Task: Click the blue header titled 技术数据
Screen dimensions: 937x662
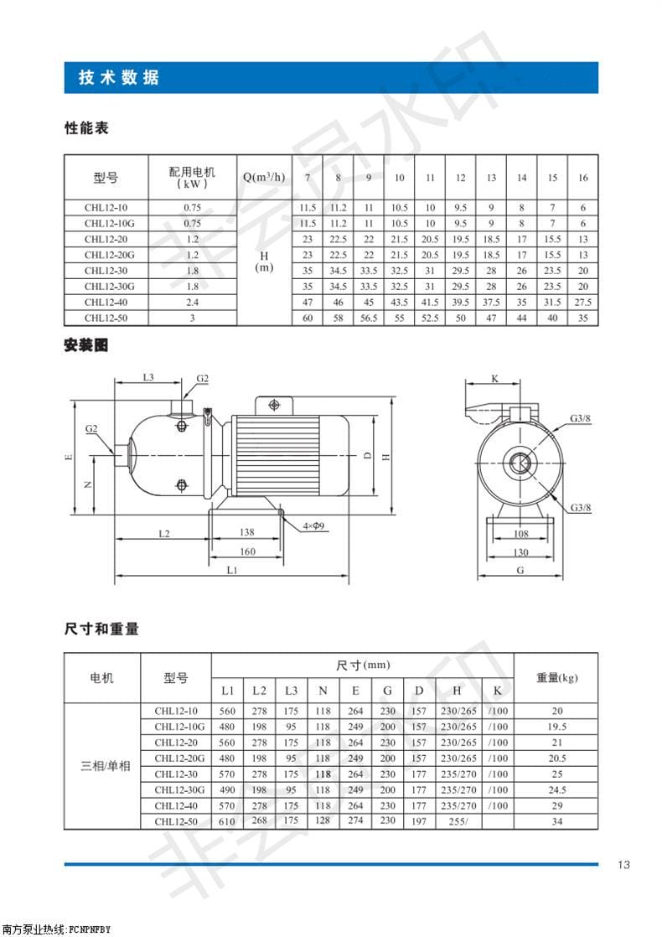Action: click(119, 78)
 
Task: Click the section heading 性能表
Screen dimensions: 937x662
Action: click(87, 129)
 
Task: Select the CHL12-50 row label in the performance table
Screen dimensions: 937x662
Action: click(105, 318)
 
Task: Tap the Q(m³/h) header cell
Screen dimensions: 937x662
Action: click(264, 178)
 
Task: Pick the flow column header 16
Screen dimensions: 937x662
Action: click(583, 178)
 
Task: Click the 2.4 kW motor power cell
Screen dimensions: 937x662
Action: click(193, 303)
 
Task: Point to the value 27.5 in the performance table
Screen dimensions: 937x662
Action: click(583, 303)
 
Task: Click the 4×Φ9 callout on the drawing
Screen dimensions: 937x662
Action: click(316, 525)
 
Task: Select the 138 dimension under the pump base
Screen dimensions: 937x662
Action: click(246, 532)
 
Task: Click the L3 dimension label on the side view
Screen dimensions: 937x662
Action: click(147, 378)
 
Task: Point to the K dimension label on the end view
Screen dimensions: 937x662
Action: click(494, 379)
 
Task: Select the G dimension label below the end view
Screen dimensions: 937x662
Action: click(520, 570)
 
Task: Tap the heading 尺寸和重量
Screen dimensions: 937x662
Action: click(101, 629)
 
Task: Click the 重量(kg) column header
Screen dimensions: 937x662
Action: click(556, 677)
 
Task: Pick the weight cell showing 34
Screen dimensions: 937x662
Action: click(556, 821)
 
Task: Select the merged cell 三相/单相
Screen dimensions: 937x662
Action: click(106, 766)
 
